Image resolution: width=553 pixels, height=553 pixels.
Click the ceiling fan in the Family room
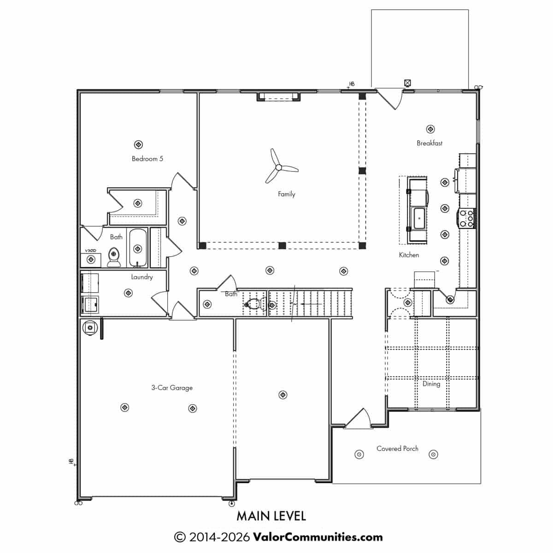(x=278, y=167)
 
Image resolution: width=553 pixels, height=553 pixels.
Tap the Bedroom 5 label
(x=147, y=159)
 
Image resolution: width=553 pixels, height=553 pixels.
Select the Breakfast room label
(x=429, y=143)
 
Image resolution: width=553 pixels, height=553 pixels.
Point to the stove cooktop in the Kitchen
(x=466, y=218)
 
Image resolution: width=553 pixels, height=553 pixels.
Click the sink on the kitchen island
(x=419, y=219)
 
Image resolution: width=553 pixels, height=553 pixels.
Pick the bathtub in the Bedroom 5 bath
(x=138, y=248)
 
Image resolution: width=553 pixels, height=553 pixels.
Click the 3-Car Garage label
(x=172, y=388)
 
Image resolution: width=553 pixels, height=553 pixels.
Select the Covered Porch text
(x=397, y=448)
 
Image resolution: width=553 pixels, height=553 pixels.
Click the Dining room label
(x=431, y=384)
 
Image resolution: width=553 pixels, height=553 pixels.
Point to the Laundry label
(x=142, y=277)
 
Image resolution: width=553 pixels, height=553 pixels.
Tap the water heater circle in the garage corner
(x=90, y=327)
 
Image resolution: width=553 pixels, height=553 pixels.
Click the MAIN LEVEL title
(x=271, y=516)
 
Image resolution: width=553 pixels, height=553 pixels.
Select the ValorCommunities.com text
(x=318, y=537)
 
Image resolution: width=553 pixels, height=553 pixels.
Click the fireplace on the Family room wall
(x=278, y=96)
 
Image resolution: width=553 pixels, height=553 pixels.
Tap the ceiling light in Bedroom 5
(x=138, y=144)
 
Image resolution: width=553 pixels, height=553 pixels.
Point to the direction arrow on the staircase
(x=311, y=304)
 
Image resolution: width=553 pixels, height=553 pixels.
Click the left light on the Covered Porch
(x=359, y=454)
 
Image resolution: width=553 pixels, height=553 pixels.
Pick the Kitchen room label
(x=409, y=255)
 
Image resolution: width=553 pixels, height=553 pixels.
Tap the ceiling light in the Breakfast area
(x=430, y=129)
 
